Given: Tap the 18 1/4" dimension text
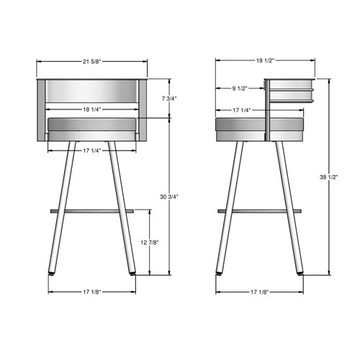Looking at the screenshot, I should (91, 109).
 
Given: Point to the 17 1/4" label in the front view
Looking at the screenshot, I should (91, 150).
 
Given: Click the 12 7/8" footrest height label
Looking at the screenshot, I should (150, 243).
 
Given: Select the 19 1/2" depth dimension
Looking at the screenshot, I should (265, 60).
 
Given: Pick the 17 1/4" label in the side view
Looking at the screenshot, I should (241, 109).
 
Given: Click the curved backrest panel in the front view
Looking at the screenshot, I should (91, 92).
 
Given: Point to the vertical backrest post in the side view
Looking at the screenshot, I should (268, 108).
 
